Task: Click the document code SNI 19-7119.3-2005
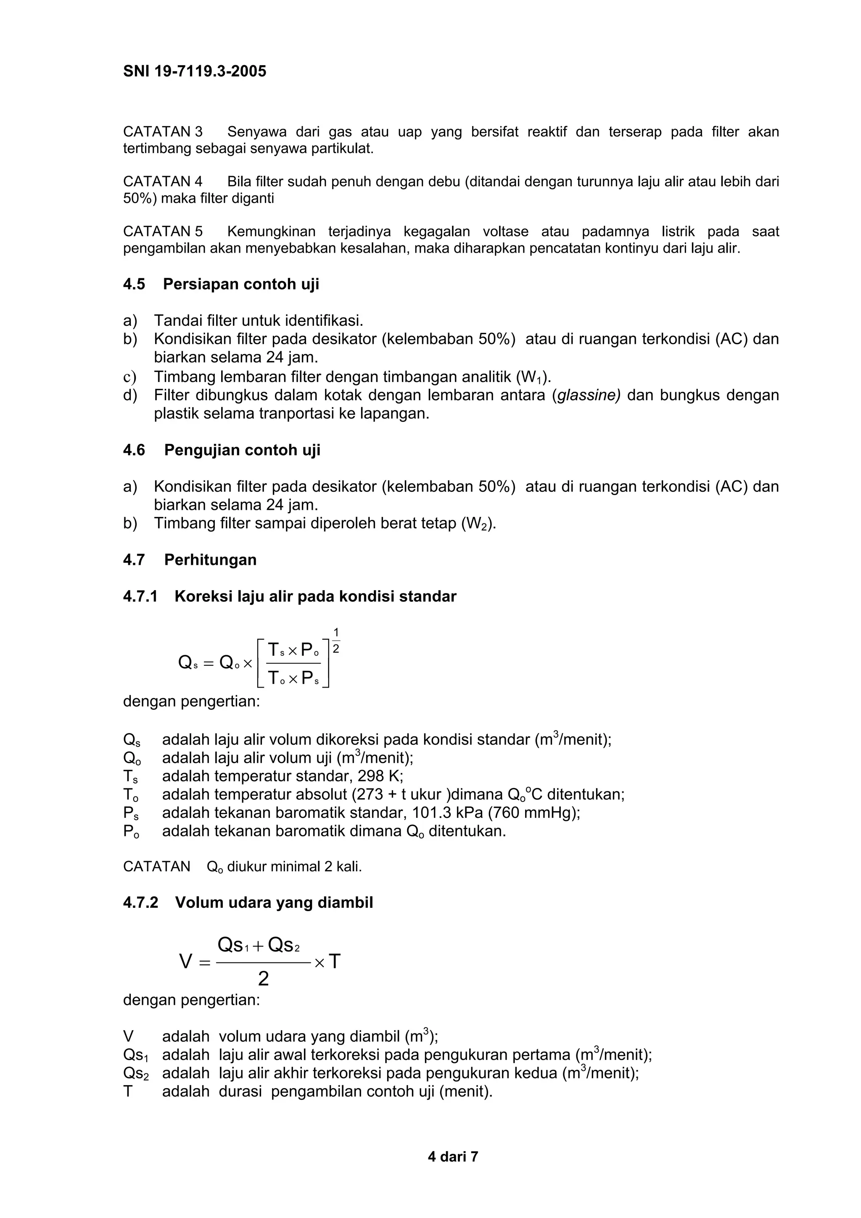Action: tap(195, 71)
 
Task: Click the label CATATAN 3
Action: tap(163, 132)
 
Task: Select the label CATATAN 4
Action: tap(163, 182)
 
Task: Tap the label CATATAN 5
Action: tap(163, 231)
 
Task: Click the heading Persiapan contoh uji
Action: tap(241, 285)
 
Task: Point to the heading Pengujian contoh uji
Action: tap(242, 451)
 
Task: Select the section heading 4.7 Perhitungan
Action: tap(190, 560)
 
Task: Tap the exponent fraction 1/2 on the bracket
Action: tap(336, 641)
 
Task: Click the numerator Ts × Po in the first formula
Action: tap(293, 650)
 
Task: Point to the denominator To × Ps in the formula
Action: tap(293, 678)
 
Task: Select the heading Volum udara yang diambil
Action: tap(274, 902)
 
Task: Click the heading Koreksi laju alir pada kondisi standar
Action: tap(315, 596)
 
